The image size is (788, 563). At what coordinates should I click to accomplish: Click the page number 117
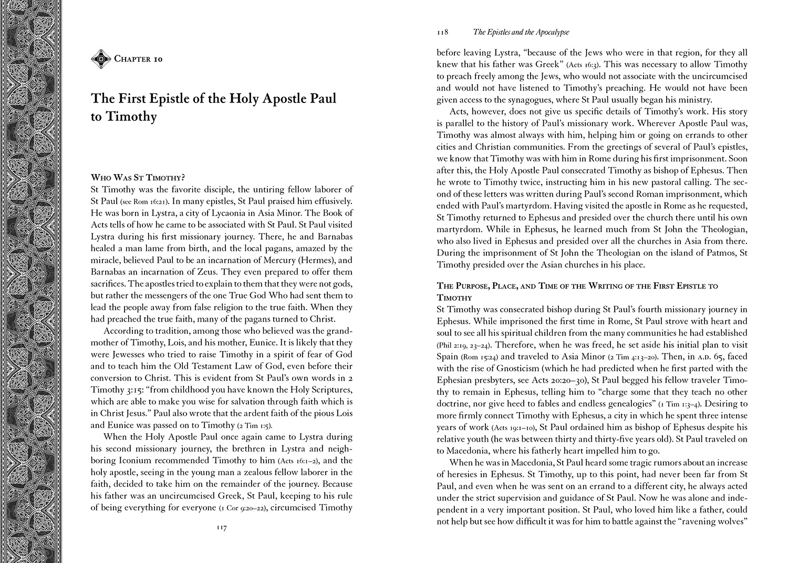coord(221,529)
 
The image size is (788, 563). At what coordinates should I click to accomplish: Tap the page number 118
coord(442,32)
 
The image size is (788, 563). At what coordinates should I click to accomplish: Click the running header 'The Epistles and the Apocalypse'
coord(521,32)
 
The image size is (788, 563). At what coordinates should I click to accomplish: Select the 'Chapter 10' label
coord(138,59)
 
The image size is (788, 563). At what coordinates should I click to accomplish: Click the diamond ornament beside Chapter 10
coord(100,59)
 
